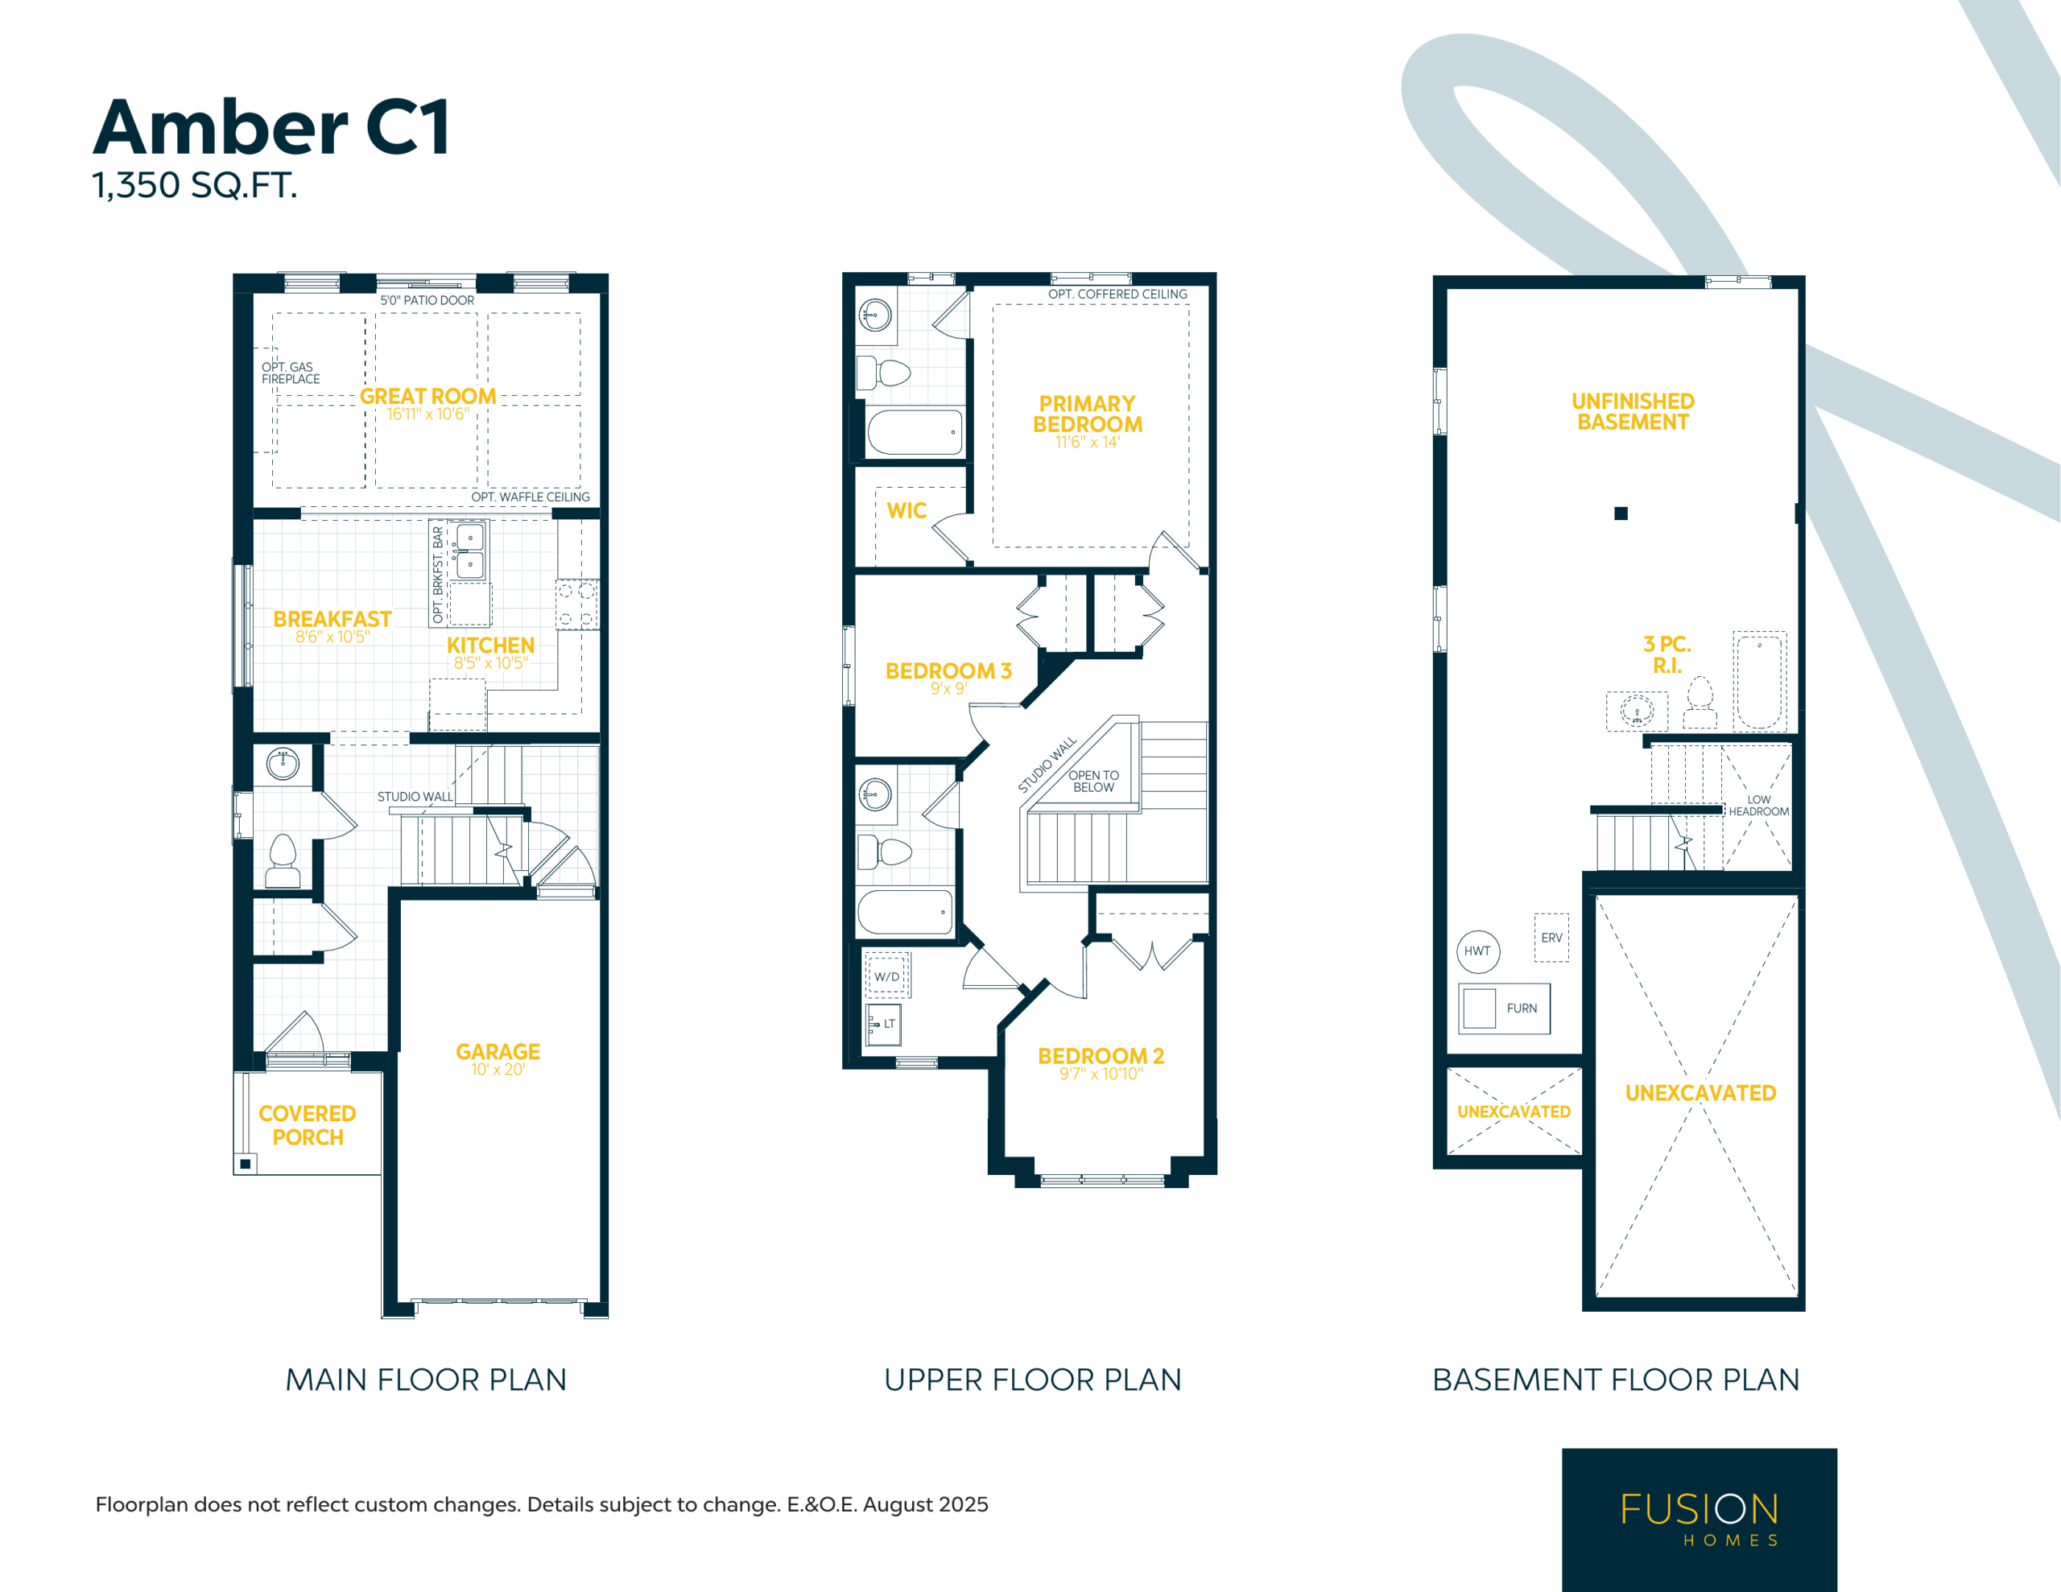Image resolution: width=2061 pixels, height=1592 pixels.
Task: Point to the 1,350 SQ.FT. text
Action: (194, 185)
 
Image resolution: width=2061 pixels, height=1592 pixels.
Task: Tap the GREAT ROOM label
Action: (427, 396)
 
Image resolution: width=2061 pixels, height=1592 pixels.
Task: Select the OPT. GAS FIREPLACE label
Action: (291, 373)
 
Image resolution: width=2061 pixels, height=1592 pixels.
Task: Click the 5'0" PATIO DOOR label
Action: (427, 300)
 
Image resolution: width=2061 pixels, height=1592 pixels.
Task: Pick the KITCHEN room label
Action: (491, 645)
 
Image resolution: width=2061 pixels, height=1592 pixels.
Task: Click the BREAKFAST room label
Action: (332, 619)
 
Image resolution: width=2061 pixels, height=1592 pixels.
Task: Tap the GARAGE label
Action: (498, 1051)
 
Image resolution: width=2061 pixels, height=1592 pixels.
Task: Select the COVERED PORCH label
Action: (308, 1125)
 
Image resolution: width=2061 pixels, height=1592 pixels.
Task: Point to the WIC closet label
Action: (907, 510)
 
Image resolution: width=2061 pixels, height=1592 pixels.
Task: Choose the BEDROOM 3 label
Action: (948, 671)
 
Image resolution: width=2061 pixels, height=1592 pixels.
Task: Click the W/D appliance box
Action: (887, 975)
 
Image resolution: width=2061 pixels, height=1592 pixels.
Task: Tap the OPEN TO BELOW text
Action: (1094, 782)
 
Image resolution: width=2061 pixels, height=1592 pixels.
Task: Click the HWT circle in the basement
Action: (1478, 951)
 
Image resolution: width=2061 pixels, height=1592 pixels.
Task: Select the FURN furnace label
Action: (1522, 1008)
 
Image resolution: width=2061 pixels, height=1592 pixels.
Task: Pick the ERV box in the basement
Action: (1551, 938)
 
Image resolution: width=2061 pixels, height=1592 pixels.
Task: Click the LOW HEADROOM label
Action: (1758, 806)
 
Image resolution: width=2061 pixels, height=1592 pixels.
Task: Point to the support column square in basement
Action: (1621, 513)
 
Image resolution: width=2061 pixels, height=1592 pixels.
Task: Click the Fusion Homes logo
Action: (1699, 1520)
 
